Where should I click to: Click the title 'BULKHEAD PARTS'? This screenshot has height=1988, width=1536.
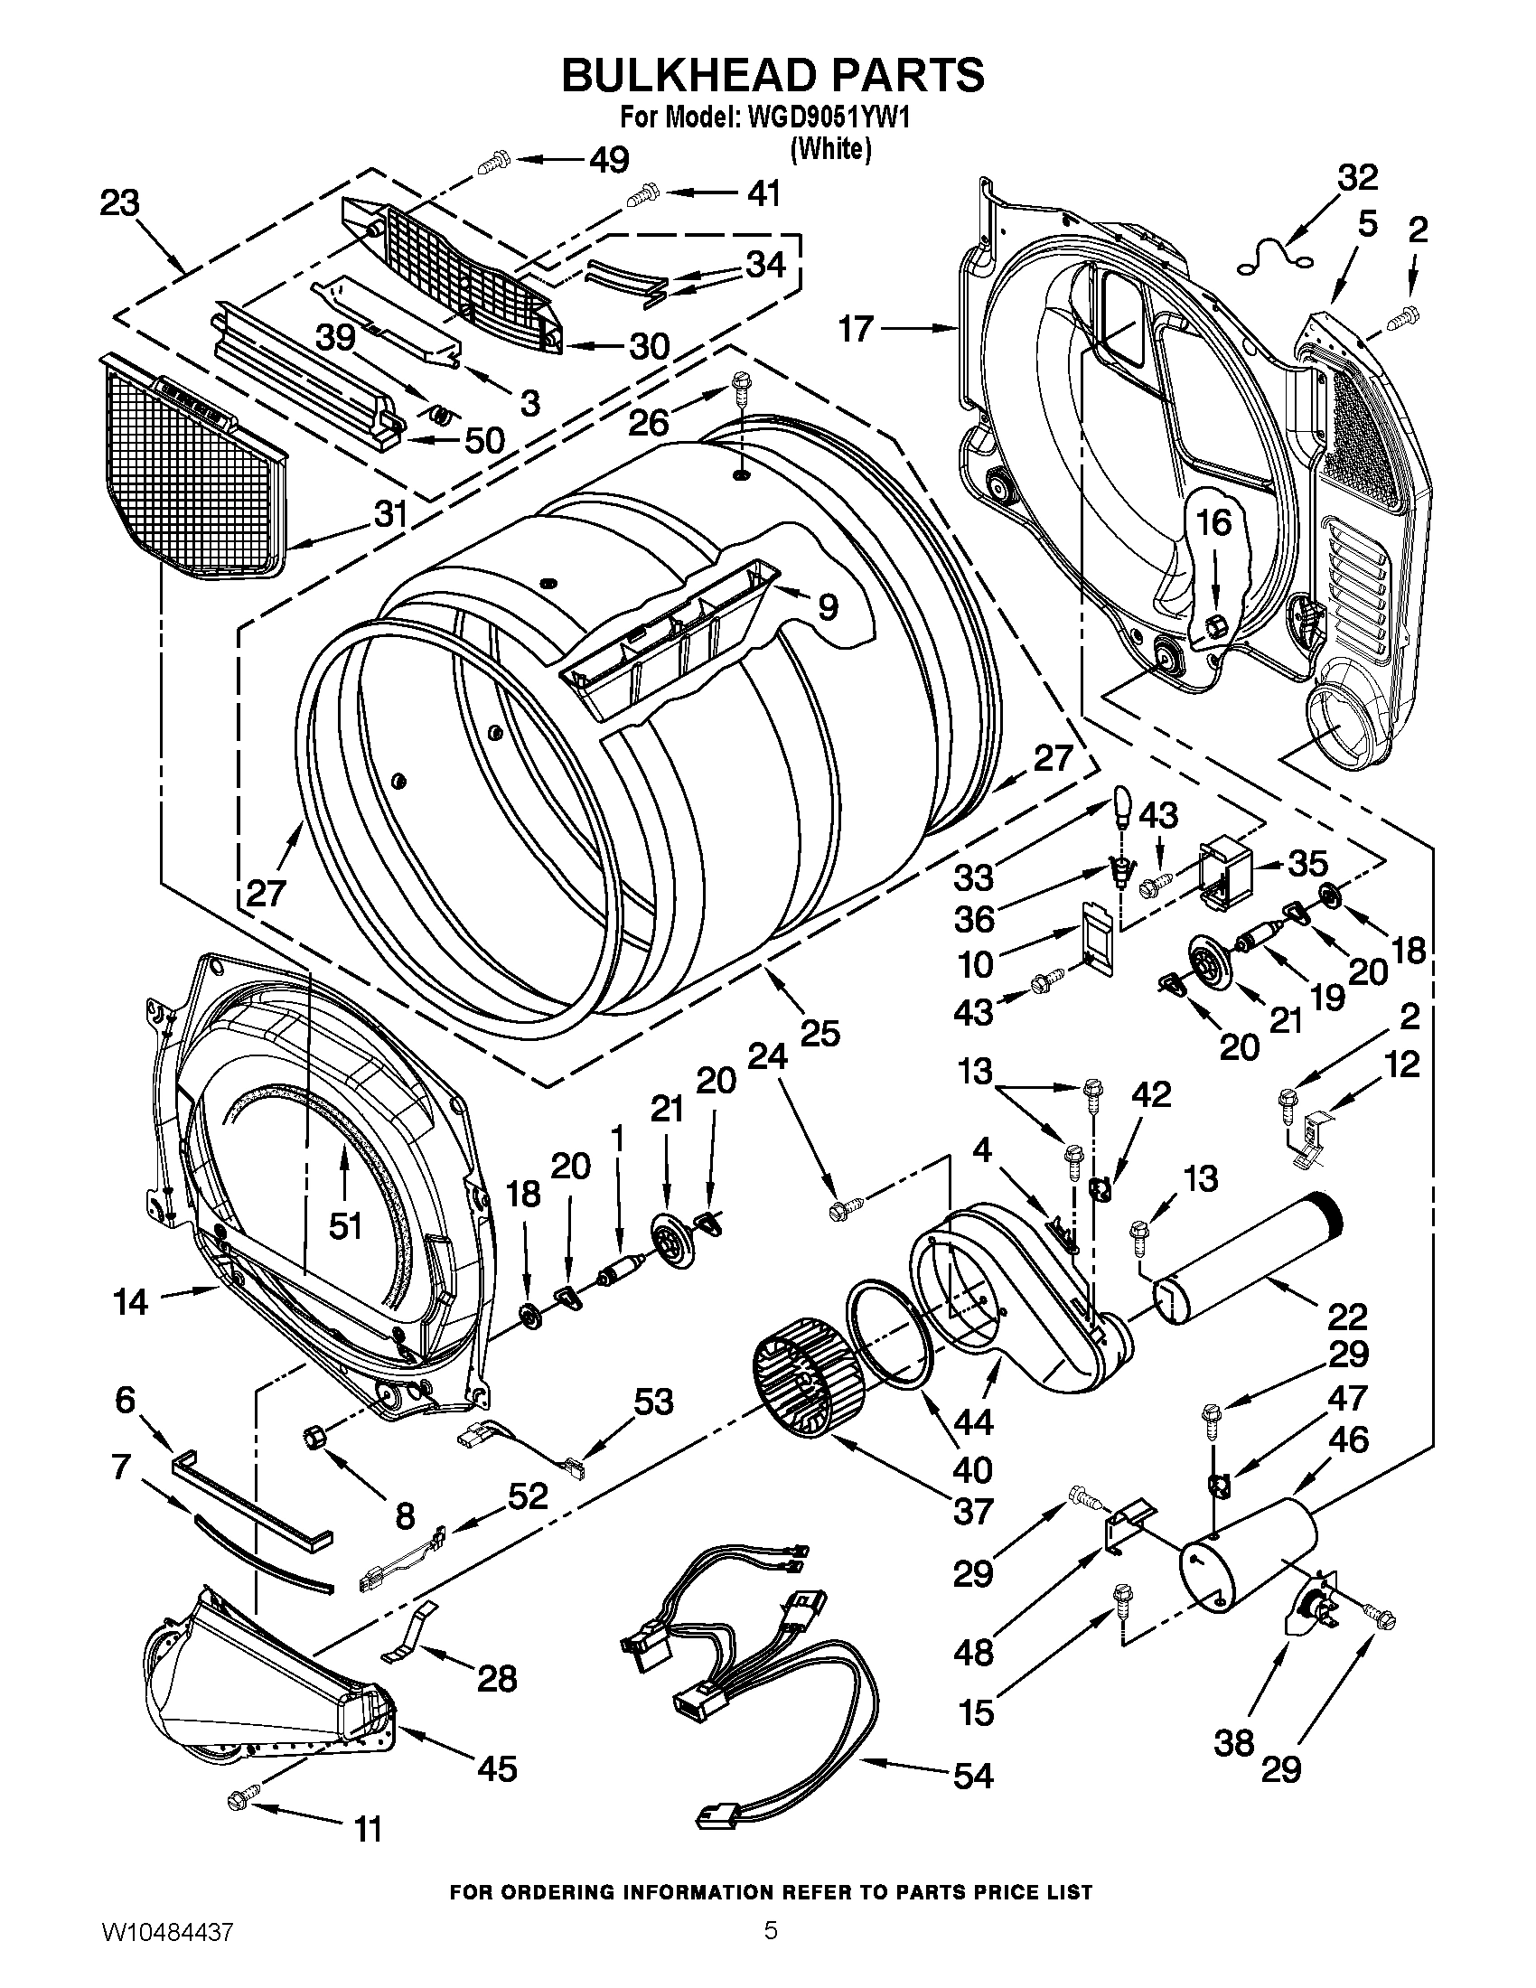point(772,75)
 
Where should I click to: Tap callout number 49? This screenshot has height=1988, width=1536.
point(608,160)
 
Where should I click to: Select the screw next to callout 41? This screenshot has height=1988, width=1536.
point(643,195)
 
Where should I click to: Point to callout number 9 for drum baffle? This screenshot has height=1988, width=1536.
point(826,605)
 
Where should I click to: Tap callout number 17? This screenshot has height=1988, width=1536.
point(856,329)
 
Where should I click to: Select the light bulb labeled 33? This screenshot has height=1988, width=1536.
point(1122,804)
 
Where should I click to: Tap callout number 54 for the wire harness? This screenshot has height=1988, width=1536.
point(972,1774)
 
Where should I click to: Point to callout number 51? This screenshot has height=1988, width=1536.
point(345,1226)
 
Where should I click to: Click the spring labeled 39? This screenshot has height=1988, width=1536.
point(439,416)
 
